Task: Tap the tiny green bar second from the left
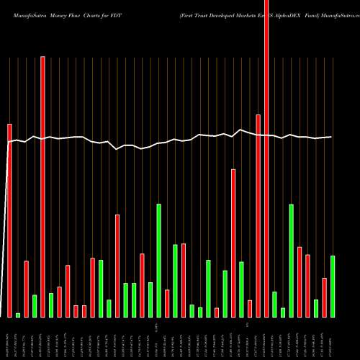point(18,315)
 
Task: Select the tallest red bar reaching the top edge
point(266,158)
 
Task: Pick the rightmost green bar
point(333,286)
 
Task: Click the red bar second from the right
point(324,297)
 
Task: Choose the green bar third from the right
point(292,260)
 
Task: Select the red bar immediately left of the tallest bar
point(258,215)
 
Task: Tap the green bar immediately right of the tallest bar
point(274,304)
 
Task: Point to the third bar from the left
point(26,288)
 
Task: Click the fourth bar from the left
point(35,305)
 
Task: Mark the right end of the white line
point(331,137)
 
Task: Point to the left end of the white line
point(8,143)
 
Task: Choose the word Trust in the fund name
point(181,6)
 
